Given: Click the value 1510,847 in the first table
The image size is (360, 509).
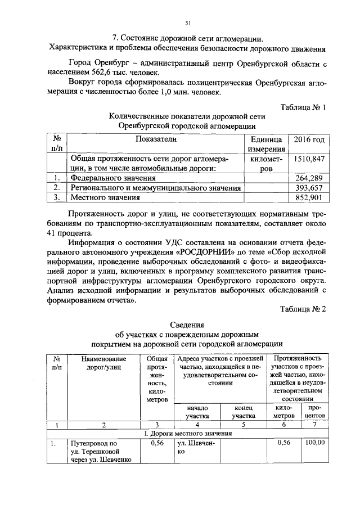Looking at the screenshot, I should point(309,159).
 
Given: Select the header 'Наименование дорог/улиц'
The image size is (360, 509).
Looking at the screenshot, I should point(103,363).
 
